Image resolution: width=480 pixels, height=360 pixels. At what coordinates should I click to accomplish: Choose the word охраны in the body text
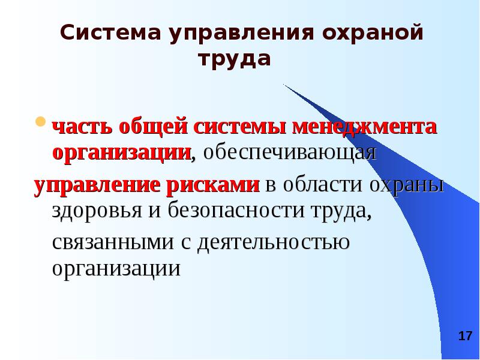407,185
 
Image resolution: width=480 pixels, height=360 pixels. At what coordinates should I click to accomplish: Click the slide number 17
464,336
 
